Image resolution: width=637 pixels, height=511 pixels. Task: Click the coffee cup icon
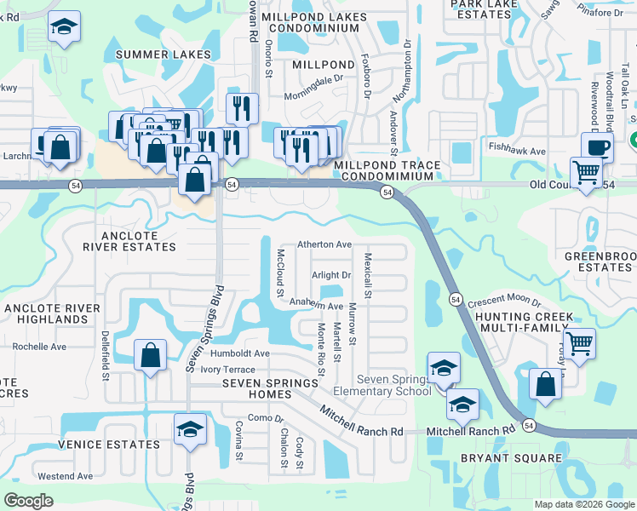coord(598,146)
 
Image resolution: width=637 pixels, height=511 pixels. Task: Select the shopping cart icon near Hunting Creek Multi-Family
coord(579,344)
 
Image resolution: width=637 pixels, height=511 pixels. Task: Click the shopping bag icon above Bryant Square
coord(545,384)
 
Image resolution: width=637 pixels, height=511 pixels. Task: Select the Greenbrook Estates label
coord(600,261)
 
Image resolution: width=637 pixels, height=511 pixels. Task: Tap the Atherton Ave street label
coord(324,244)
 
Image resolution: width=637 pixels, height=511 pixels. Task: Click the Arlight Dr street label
coord(331,275)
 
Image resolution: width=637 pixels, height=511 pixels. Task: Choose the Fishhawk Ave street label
coord(517,151)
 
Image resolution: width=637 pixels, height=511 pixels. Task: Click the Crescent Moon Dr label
coord(504,302)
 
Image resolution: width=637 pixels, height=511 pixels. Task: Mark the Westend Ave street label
coord(66,475)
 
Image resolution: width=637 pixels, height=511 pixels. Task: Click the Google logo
coord(28,500)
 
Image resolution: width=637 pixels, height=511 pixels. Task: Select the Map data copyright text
coord(583,504)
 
